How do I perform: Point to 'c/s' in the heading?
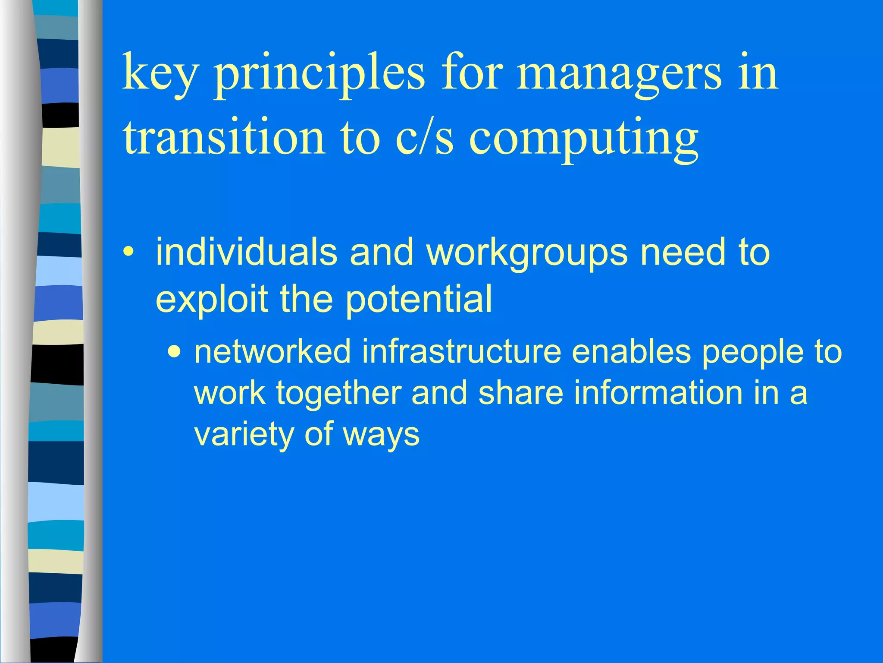point(425,138)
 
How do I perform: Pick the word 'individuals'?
point(246,252)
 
